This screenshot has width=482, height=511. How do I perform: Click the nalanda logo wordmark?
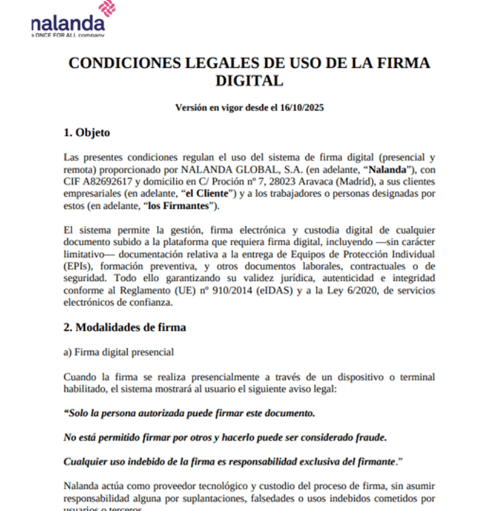point(68,24)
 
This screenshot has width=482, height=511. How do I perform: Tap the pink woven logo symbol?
point(106,8)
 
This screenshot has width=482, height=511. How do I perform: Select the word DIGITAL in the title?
point(249,81)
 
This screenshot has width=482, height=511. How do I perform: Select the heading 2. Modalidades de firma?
point(125,328)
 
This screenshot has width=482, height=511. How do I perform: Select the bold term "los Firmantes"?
point(181,206)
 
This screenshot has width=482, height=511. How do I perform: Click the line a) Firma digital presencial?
point(119,352)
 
